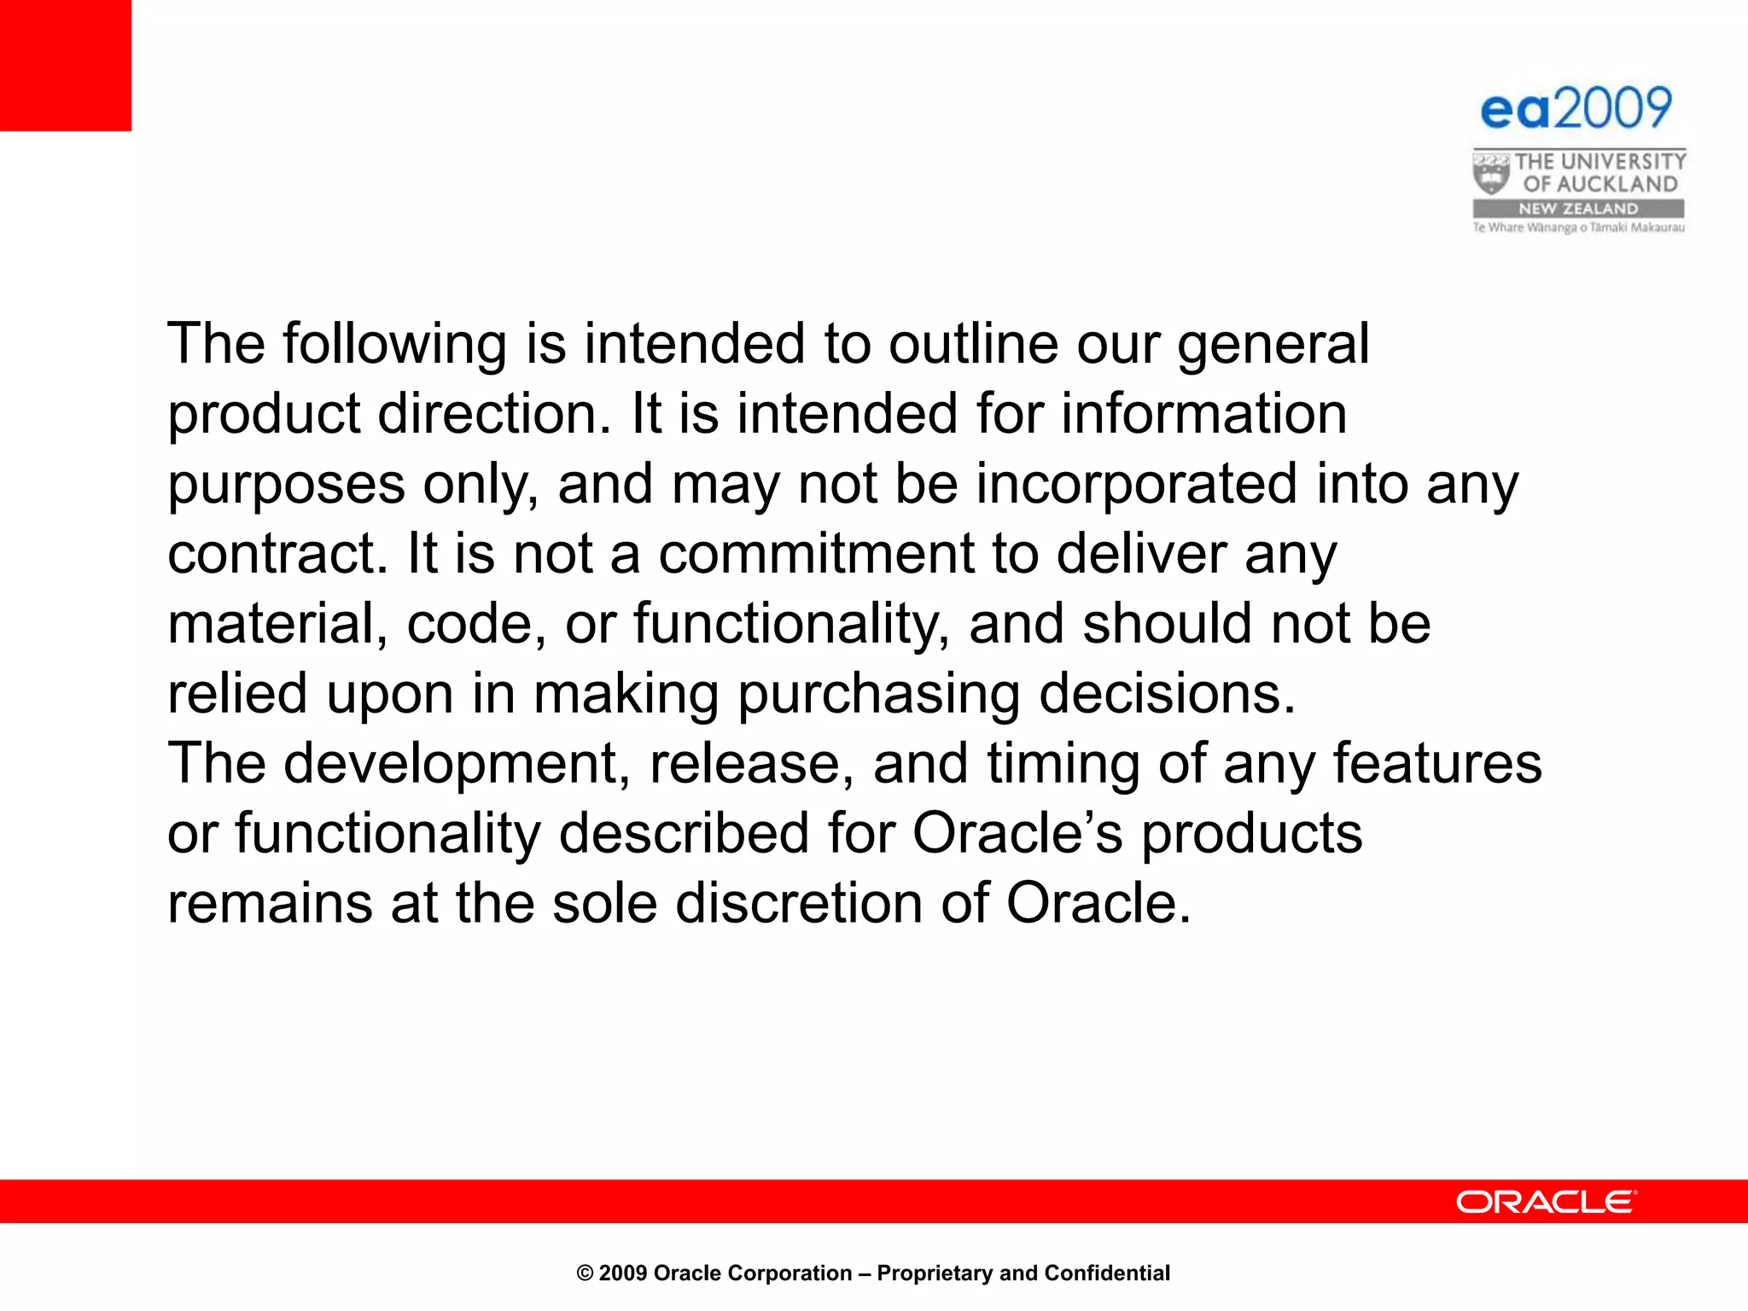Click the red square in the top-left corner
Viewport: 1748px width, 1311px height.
pyautogui.click(x=66, y=65)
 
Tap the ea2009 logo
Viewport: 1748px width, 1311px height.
pyautogui.click(x=1576, y=108)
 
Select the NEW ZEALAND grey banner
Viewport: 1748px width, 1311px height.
pyautogui.click(x=1578, y=208)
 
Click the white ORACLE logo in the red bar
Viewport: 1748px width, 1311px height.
pyautogui.click(x=1546, y=1202)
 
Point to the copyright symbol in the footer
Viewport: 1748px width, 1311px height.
pyautogui.click(x=585, y=1273)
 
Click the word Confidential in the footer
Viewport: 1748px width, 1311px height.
pyautogui.click(x=1107, y=1273)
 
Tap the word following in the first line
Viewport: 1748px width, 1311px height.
pyautogui.click(x=394, y=345)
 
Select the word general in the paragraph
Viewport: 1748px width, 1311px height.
pyautogui.click(x=1273, y=345)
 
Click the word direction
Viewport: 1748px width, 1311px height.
pyautogui.click(x=494, y=415)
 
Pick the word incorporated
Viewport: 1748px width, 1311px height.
pyautogui.click(x=1136, y=485)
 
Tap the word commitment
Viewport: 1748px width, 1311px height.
pyautogui.click(x=815, y=555)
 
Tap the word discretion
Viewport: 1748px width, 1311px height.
pyautogui.click(x=799, y=905)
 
